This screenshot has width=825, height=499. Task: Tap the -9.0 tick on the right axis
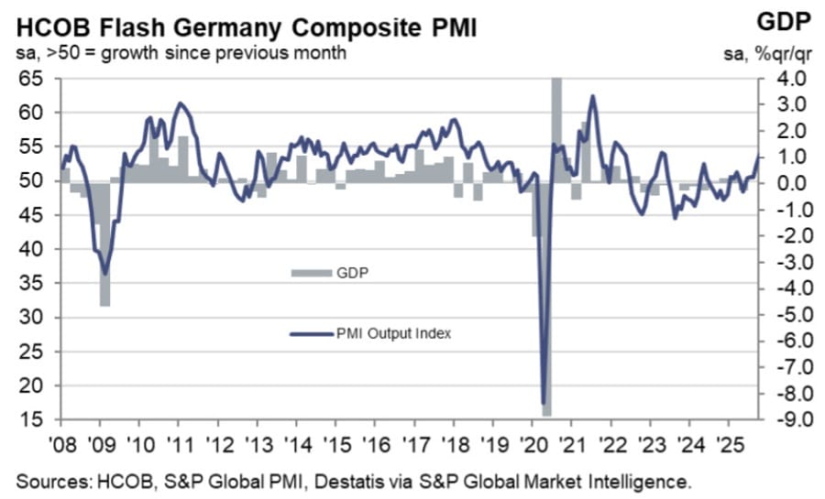790,420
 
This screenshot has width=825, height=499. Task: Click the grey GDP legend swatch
304,272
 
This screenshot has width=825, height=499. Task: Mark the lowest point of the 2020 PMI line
544,403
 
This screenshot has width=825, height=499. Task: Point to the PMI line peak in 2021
592,96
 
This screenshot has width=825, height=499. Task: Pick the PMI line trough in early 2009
105,273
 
